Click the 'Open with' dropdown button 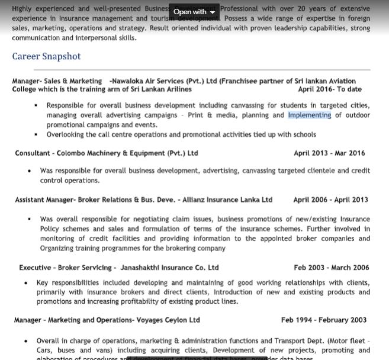pos(194,12)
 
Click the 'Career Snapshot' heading pos(46,56)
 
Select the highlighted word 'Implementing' pos(310,115)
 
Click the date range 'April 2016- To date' pos(330,89)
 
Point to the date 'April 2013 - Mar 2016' pos(329,153)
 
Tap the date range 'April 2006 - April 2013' pos(330,200)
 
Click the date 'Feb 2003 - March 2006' pos(331,268)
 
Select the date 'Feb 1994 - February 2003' pos(324,320)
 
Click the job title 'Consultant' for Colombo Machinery pos(33,153)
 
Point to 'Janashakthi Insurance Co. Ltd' pos(169,268)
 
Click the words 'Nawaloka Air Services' pos(149,81)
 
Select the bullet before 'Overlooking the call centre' pos(36,134)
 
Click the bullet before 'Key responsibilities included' pos(26,283)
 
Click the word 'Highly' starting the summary pos(22,9)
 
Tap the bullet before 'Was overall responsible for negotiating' pos(30,219)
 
